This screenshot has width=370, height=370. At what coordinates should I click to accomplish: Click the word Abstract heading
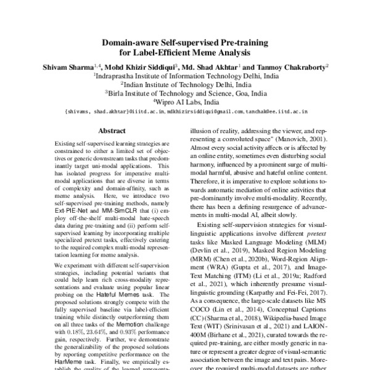pyautogui.click(x=112, y=131)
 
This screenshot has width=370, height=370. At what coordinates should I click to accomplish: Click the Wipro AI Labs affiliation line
pyautogui.click(x=184, y=102)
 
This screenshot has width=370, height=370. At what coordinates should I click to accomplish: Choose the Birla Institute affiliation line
pyautogui.click(x=184, y=93)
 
